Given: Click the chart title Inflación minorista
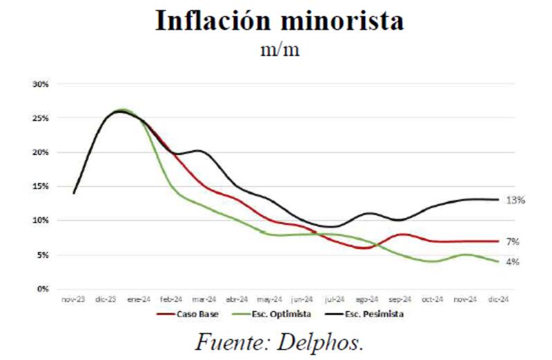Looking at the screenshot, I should click(x=279, y=21).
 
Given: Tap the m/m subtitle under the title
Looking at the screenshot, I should click(x=280, y=51).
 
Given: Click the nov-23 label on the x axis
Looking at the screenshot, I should click(x=73, y=299).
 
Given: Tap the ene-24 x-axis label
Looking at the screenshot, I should click(x=139, y=299).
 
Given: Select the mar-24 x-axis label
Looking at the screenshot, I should click(x=204, y=299).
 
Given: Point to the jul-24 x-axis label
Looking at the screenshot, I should click(x=335, y=299).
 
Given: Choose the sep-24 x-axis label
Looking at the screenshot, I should click(x=400, y=299).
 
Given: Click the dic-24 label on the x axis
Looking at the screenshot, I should click(x=498, y=299).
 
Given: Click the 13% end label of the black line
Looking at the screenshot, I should click(x=516, y=200).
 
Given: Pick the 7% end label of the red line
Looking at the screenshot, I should click(x=513, y=242).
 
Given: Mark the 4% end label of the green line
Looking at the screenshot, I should click(x=513, y=262).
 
